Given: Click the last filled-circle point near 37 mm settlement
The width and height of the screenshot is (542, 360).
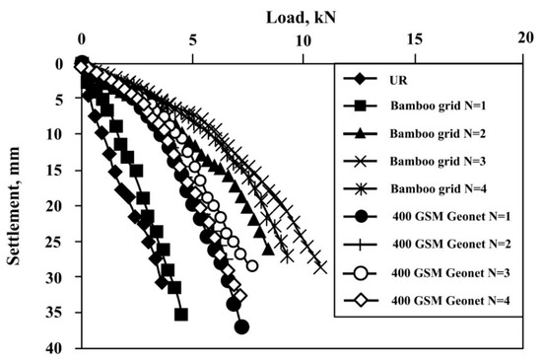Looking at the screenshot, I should (242, 326).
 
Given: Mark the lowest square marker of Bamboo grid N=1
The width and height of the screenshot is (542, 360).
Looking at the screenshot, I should (181, 314).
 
